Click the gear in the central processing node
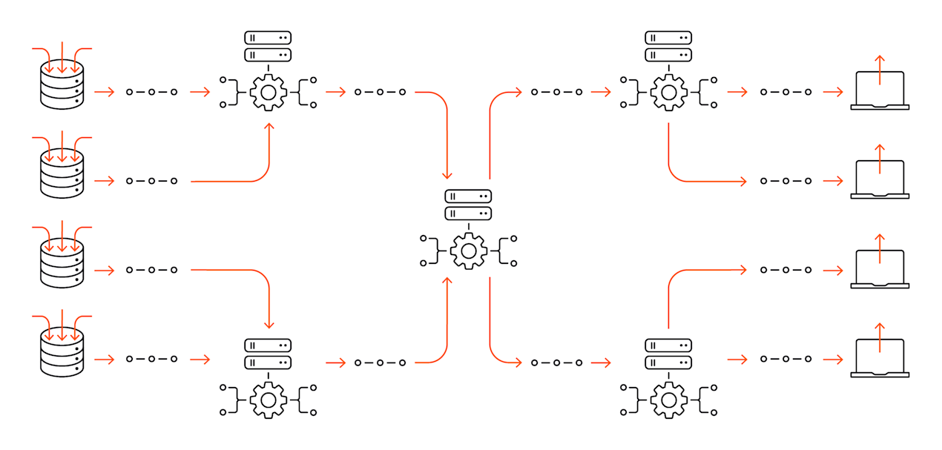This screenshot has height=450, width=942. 468,251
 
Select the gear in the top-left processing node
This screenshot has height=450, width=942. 269,93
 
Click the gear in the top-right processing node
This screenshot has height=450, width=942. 668,93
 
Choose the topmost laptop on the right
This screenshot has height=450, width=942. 880,91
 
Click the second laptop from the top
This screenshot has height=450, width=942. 880,180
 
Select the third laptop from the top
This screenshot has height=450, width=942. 880,269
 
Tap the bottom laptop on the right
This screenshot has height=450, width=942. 880,359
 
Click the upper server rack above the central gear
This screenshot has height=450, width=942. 468,196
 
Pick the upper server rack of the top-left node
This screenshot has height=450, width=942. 269,37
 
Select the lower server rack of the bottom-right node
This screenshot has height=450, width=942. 668,363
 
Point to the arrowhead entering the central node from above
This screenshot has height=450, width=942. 447,175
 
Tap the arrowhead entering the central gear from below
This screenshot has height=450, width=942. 447,282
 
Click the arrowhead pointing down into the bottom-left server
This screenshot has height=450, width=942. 269,325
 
